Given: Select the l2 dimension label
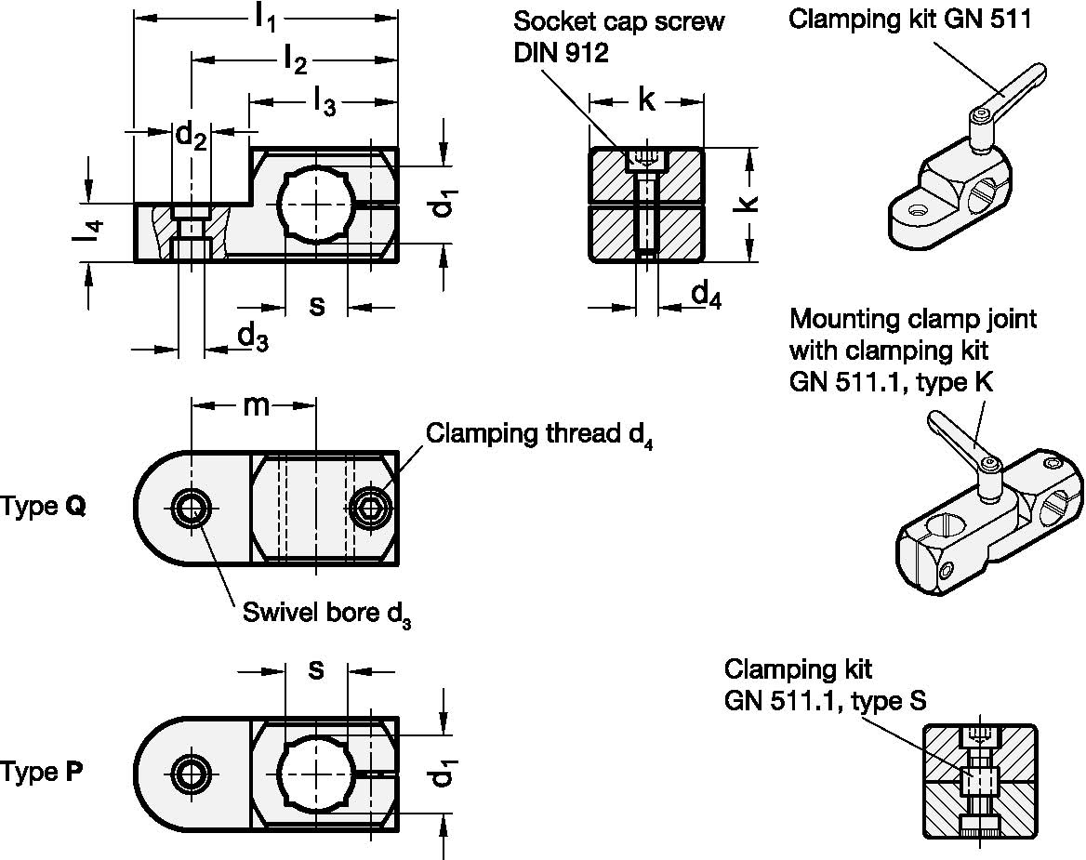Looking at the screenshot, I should tap(295, 62).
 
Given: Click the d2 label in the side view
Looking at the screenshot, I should tap(191, 137).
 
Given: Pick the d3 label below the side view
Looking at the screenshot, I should tap(252, 336).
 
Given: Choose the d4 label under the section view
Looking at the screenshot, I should tap(706, 296).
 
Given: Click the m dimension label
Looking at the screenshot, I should tap(255, 405).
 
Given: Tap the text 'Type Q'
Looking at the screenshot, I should tap(43, 508).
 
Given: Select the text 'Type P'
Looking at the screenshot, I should tap(42, 773).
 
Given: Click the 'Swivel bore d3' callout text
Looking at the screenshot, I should tap(326, 615).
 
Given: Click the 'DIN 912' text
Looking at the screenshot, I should tap(561, 54).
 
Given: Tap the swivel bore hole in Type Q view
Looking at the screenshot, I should tap(193, 508).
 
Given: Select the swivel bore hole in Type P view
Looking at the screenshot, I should tap(193, 773).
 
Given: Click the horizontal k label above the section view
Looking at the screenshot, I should tap(645, 99).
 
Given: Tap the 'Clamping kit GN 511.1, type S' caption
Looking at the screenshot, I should tap(825, 685).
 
